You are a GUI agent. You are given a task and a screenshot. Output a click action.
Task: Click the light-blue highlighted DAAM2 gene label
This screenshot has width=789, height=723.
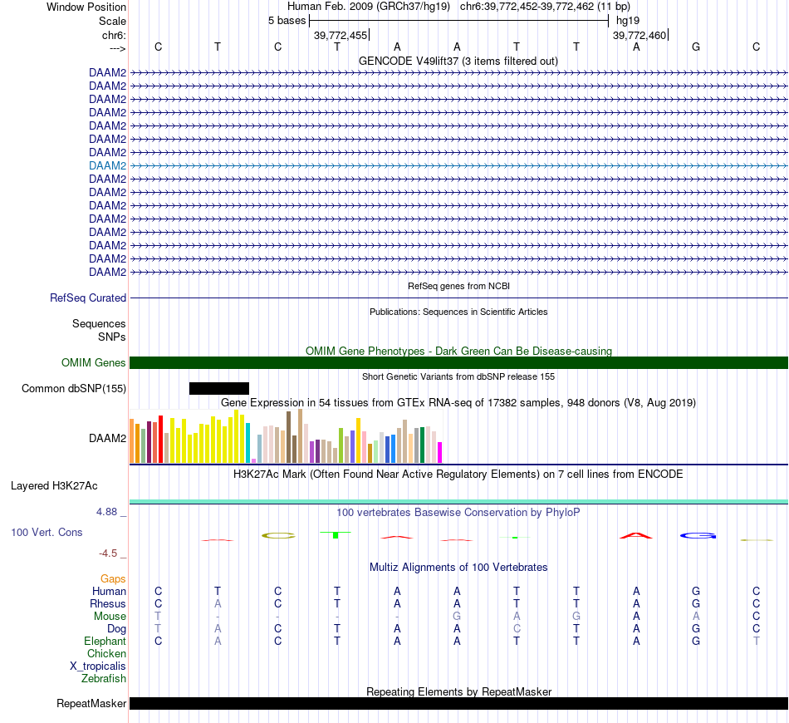click(x=108, y=165)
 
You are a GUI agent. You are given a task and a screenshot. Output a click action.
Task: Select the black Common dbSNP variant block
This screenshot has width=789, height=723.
click(x=219, y=388)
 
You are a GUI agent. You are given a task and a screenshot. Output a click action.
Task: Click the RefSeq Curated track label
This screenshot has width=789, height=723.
click(x=88, y=298)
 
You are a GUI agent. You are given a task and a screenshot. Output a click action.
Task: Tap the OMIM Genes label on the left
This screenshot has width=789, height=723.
click(x=94, y=362)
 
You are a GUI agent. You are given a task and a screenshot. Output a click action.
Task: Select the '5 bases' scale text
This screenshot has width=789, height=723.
click(x=287, y=20)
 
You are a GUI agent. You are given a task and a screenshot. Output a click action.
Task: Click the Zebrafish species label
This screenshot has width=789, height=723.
click(x=104, y=678)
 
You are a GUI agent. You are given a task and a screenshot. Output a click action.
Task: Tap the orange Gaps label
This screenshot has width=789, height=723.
click(x=113, y=578)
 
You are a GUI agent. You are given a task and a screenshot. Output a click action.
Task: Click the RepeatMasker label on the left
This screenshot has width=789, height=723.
click(x=91, y=704)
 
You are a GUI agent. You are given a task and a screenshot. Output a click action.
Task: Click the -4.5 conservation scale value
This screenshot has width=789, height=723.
click(x=109, y=553)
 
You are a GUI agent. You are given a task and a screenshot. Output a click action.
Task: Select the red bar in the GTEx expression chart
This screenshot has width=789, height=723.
click(x=160, y=440)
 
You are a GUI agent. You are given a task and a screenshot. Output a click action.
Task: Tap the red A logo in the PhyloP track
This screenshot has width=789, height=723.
click(x=637, y=535)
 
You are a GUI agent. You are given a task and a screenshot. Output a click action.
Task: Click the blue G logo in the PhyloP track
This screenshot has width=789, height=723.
click(x=698, y=535)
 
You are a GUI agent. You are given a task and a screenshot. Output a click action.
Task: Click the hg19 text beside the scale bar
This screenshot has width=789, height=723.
click(x=629, y=20)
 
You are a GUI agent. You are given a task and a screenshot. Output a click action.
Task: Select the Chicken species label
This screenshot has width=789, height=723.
click(x=106, y=653)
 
